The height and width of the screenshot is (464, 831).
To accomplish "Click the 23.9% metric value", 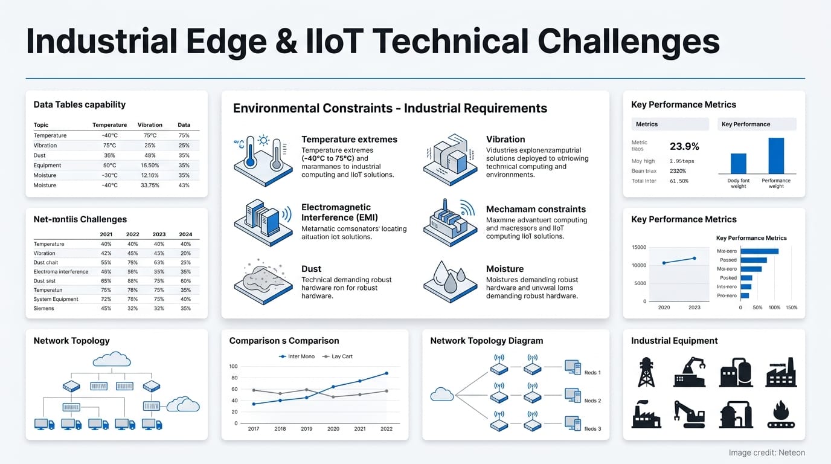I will (x=684, y=146).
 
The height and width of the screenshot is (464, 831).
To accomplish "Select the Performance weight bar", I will (x=776, y=156).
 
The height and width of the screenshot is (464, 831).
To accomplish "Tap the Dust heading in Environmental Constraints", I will (x=311, y=269).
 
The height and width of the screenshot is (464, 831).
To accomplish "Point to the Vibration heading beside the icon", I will (x=505, y=140).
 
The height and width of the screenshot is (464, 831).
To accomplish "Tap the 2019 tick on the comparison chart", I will (x=306, y=429).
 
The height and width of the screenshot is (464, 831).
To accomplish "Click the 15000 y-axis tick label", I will (x=638, y=248).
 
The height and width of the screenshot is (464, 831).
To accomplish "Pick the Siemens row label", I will (x=43, y=308).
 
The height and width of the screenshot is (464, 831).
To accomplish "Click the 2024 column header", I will (x=185, y=234).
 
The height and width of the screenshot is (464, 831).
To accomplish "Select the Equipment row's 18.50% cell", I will (x=149, y=166).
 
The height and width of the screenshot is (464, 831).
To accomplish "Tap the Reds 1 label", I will (x=592, y=373).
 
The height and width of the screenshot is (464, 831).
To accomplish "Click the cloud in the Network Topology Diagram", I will (x=441, y=395).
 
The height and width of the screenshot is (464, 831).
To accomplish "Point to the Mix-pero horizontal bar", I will (x=759, y=251).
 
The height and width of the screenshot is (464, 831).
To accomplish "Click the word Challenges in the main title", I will (x=628, y=41).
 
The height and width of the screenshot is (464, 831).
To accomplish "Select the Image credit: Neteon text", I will (x=766, y=453).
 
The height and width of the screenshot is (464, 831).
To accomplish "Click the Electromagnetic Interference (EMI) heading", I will (x=336, y=212).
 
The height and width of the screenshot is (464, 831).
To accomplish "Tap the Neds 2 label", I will (x=592, y=401).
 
